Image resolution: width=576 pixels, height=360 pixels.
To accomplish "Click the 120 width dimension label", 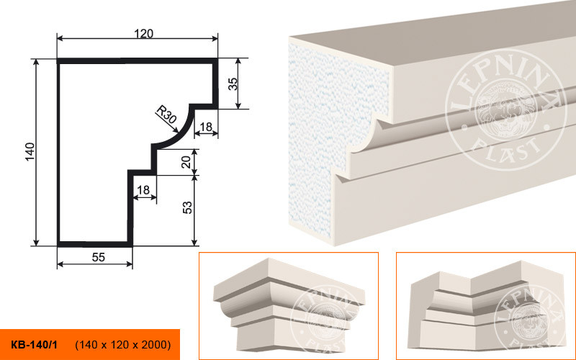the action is [x=143, y=34].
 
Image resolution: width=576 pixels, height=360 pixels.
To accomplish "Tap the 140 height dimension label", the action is [x=30, y=151].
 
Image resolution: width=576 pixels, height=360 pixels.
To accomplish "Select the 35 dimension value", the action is [x=233, y=84].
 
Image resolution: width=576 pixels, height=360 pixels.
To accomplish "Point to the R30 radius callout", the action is [x=166, y=114].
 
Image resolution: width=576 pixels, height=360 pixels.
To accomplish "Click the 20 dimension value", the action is [x=186, y=162].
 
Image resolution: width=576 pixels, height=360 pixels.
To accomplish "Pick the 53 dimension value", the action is [x=187, y=208].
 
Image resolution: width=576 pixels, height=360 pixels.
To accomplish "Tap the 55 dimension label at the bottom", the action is [x=99, y=258].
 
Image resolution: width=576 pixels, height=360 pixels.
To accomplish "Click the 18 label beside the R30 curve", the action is [x=206, y=127].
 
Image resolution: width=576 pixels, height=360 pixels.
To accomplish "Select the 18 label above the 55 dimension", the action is [x=143, y=190].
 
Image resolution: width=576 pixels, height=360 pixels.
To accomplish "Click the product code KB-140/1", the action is [x=34, y=345].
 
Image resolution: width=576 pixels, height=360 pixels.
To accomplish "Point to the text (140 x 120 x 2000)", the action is [x=123, y=345].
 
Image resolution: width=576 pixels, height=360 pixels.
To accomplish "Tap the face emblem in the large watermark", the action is [x=505, y=112].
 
